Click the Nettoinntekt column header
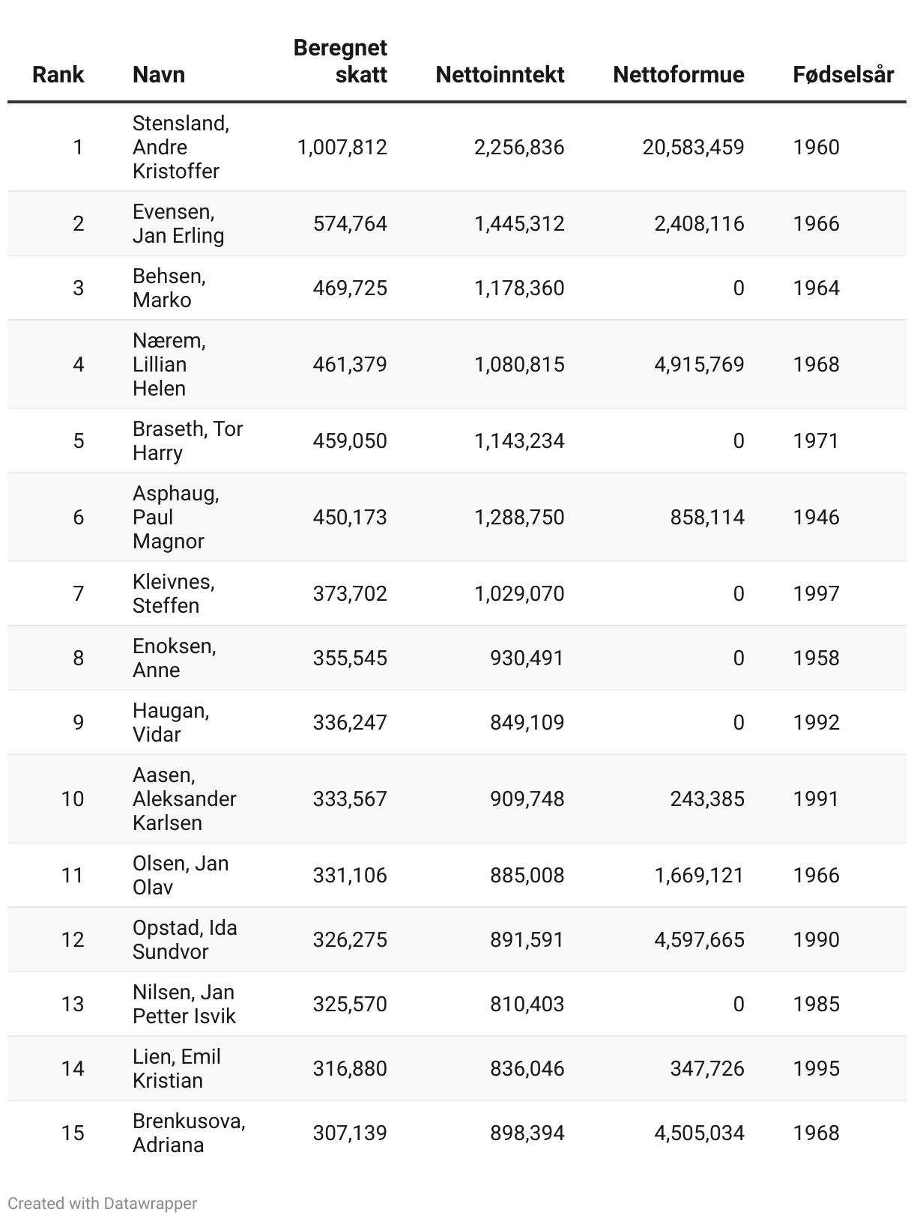pos(500,75)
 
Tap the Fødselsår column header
pos(843,75)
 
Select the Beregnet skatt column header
pos(340,61)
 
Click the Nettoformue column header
pos(678,75)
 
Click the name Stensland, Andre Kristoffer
pos(181,147)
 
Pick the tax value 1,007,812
pos(342,147)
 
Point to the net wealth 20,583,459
pos(693,147)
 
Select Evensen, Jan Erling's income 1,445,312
pos(519,223)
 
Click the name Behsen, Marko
pos(169,288)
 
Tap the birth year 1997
pos(816,593)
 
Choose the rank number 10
pos(73,799)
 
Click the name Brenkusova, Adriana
pos(189,1133)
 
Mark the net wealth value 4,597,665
pos(699,939)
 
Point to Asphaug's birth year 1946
pos(816,517)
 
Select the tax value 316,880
pos(350,1068)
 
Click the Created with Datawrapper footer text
pos(103,1203)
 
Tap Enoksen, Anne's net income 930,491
pos(527,658)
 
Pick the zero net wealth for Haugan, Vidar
pos(738,722)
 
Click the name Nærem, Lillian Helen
pos(169,364)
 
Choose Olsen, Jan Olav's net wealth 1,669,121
pos(699,875)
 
